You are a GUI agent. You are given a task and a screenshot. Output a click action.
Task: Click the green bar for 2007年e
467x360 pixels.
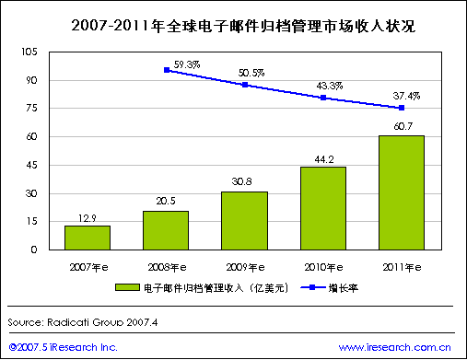(x=88, y=238)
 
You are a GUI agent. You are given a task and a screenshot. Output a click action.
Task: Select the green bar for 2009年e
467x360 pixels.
(x=244, y=221)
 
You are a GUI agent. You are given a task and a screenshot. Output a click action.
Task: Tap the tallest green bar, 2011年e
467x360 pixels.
(x=402, y=192)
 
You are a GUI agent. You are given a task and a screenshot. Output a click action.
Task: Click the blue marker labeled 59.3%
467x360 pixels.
(x=167, y=70)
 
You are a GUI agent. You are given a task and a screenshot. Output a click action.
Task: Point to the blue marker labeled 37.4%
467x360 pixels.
(x=402, y=108)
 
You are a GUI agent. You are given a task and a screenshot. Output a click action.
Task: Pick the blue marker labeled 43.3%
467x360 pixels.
(x=323, y=98)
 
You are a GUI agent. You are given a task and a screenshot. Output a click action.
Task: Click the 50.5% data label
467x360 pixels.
(x=251, y=73)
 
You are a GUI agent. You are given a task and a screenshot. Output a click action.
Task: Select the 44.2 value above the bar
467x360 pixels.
(x=324, y=159)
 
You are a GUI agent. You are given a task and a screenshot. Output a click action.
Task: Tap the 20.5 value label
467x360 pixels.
(x=166, y=201)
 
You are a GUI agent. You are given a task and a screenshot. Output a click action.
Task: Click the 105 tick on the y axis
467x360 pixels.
(x=29, y=52)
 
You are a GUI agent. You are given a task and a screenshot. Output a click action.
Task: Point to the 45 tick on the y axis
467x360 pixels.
(x=31, y=165)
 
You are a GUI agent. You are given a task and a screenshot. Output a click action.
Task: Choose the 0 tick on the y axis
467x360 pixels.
(x=34, y=250)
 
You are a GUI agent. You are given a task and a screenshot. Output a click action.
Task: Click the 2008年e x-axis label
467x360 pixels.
(x=167, y=267)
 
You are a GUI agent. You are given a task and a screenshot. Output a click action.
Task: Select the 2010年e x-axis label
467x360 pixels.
(x=323, y=267)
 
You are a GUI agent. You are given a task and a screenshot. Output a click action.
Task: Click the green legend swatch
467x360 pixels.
(x=127, y=287)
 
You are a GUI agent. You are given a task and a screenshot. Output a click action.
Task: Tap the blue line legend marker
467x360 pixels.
(x=312, y=287)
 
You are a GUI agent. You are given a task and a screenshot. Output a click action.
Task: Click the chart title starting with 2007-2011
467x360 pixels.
(x=243, y=26)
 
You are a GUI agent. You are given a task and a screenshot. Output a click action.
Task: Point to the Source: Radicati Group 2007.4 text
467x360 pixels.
(x=83, y=322)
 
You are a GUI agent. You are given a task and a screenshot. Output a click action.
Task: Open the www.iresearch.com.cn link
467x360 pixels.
(x=395, y=347)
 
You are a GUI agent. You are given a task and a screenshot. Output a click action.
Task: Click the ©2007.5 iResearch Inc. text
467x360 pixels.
(x=63, y=347)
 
